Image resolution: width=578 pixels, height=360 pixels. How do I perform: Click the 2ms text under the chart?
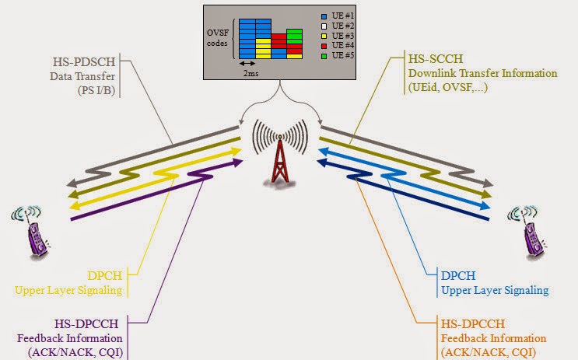pos(252,73)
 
